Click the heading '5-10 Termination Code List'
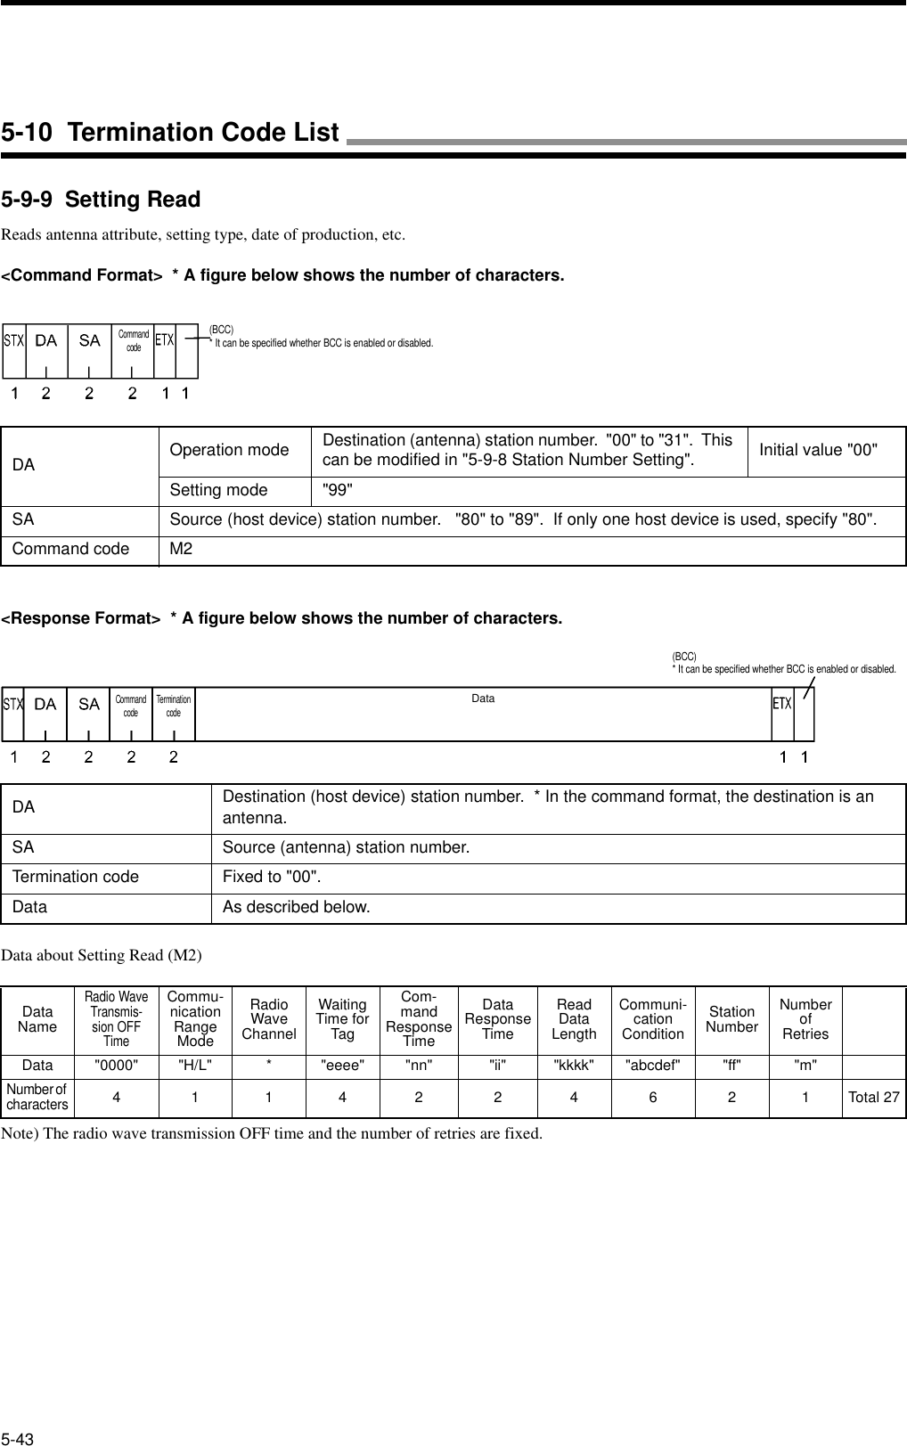click(170, 133)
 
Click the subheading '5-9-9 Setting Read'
click(101, 200)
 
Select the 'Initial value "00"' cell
click(818, 448)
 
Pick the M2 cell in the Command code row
click(181, 549)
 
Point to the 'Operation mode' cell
click(229, 450)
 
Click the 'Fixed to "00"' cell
click(272, 877)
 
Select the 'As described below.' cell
click(296, 907)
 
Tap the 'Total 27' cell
click(873, 1097)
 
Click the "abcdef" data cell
click(652, 1065)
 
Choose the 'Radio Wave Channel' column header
click(268, 1019)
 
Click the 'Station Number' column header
click(731, 1019)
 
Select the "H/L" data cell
click(195, 1065)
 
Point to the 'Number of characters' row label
click(37, 1097)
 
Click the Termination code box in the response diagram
click(174, 707)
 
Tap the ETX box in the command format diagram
click(164, 340)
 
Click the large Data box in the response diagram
click(483, 713)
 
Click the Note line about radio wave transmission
click(272, 1134)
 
